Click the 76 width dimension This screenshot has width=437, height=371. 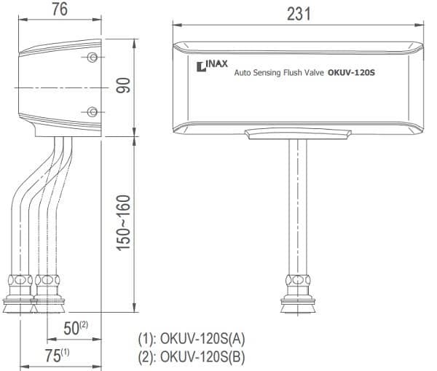pyautogui.click(x=60, y=9)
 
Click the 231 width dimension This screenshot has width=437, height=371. pyautogui.click(x=299, y=14)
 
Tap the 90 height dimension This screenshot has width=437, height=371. pyautogui.click(x=123, y=85)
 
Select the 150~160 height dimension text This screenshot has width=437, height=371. pyautogui.click(x=123, y=223)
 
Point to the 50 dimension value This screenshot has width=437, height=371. pyautogui.click(x=71, y=328)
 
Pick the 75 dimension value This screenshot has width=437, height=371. pyautogui.click(x=53, y=356)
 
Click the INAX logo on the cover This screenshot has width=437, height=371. pyautogui.click(x=212, y=66)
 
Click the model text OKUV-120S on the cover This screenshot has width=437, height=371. pyautogui.click(x=351, y=73)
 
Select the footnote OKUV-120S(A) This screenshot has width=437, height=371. pyautogui.click(x=202, y=339)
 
